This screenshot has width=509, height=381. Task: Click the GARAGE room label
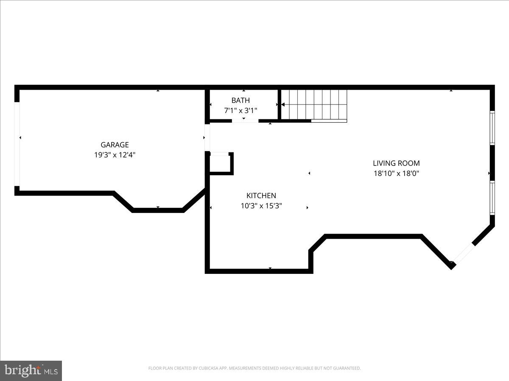click(115, 145)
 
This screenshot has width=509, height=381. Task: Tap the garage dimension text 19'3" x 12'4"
click(115, 155)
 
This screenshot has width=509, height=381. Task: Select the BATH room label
click(241, 100)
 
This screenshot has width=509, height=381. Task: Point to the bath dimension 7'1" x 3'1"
click(241, 110)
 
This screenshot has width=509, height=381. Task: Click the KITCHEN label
click(261, 196)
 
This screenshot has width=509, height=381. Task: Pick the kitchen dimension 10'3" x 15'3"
click(261, 206)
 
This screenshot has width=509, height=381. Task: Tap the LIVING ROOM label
click(396, 163)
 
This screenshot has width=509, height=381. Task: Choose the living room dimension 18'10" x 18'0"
click(396, 173)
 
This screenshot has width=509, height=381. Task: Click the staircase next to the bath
click(314, 105)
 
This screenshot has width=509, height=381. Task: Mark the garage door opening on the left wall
click(17, 144)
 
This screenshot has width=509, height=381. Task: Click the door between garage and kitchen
click(207, 138)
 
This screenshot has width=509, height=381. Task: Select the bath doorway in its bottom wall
click(245, 121)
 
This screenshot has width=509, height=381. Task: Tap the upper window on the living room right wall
click(492, 128)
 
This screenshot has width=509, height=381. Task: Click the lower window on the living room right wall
click(492, 198)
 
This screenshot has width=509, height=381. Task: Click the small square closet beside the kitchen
click(220, 163)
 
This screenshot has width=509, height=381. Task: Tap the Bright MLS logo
click(31, 370)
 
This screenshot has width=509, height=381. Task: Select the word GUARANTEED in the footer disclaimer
click(347, 368)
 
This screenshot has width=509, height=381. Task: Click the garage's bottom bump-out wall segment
click(158, 210)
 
